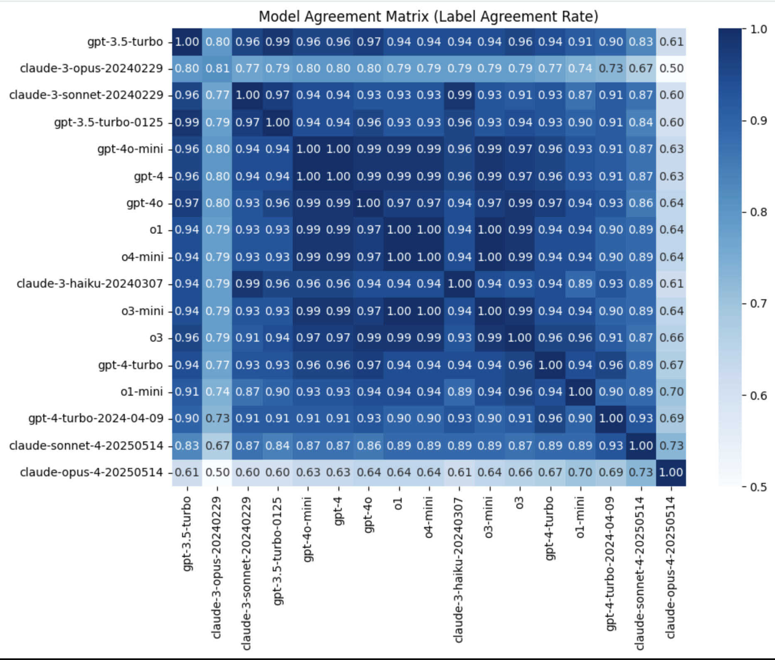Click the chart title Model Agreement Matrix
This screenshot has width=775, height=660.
coord(428,17)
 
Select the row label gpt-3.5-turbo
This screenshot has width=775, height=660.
coord(125,42)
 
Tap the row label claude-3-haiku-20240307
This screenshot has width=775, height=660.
coord(89,284)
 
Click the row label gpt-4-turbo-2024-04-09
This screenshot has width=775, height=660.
coord(96,419)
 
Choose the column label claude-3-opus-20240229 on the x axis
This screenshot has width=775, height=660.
coord(217,567)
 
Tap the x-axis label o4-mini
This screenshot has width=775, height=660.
coord(429,517)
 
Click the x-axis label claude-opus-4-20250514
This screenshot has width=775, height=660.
coord(670,567)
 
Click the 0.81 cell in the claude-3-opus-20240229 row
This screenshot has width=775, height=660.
coord(217,68)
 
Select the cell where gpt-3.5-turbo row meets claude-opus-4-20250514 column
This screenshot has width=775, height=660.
coord(671,42)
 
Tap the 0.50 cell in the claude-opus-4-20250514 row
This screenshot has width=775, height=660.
coord(217,473)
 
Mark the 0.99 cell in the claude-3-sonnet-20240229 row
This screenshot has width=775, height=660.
coord(459,95)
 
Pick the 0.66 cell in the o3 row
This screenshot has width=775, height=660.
coord(671,337)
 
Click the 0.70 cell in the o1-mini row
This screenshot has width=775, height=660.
coord(671,392)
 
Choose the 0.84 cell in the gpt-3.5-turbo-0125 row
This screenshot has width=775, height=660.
coord(641,122)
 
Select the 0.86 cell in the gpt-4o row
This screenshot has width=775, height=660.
coord(641,203)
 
